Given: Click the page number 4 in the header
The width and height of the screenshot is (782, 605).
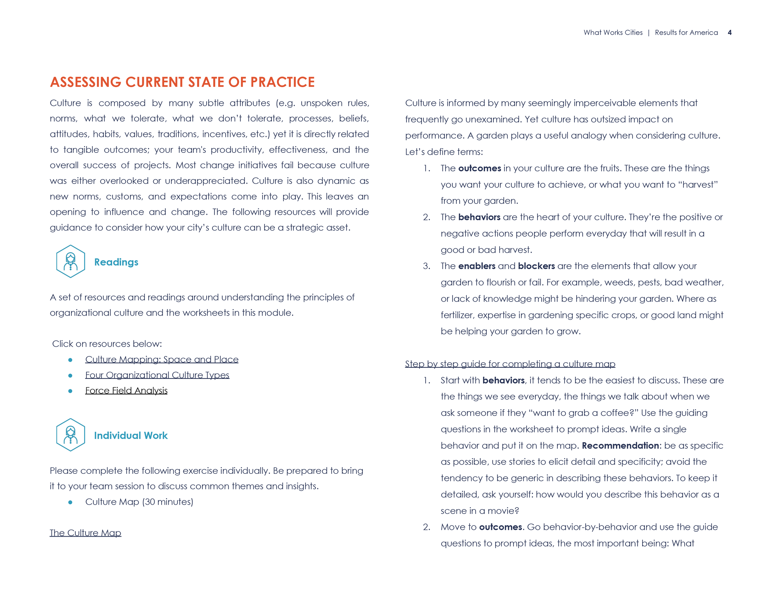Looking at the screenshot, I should [x=729, y=33].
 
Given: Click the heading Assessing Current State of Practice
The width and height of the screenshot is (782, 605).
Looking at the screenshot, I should [x=182, y=82].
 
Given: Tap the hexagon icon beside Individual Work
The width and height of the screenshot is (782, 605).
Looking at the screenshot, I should [x=71, y=435].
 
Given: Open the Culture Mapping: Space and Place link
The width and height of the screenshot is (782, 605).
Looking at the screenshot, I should [x=161, y=359].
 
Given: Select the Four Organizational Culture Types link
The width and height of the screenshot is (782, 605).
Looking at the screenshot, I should [x=157, y=375].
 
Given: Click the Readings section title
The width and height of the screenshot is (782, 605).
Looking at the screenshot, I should [x=116, y=262].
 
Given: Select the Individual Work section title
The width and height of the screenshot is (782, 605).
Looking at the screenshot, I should [x=131, y=436].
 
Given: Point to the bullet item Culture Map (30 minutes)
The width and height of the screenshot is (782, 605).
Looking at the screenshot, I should [x=139, y=502].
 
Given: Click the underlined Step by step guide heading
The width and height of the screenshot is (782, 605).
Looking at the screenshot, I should [x=510, y=364].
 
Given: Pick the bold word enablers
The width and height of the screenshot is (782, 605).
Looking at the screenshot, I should [x=477, y=266].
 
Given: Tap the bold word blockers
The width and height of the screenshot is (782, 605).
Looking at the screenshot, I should [x=536, y=266].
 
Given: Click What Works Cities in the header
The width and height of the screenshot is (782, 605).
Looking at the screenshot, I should [x=613, y=33].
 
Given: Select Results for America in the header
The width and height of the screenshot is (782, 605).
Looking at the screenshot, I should [x=686, y=33].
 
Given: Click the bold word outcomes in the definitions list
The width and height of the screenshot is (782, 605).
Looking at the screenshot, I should [x=480, y=168].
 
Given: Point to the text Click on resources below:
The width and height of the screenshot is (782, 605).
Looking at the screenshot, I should [x=107, y=344].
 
